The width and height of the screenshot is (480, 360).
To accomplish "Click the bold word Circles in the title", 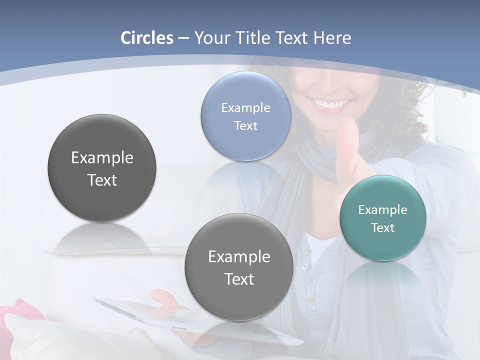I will coord(146,38).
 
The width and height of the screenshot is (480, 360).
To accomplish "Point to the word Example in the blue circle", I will coord(245,107).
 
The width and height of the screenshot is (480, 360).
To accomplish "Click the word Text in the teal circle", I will coord(383,228).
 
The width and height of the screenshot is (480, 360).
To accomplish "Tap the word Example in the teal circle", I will coord(383,210).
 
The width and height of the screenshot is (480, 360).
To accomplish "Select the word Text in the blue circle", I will coord(245,125).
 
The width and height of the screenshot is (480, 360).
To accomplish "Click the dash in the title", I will coord(183,38).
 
